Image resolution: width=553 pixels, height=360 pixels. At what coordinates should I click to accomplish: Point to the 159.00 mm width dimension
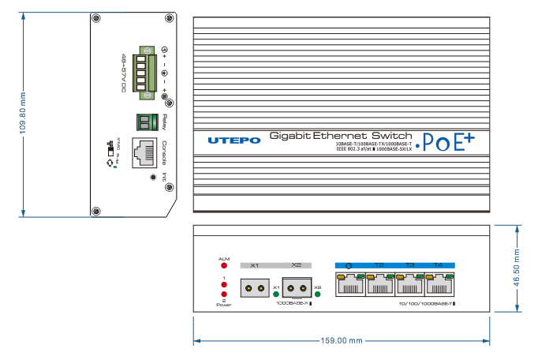(342, 341)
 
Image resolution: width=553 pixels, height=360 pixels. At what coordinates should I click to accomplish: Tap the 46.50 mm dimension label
(518, 269)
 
